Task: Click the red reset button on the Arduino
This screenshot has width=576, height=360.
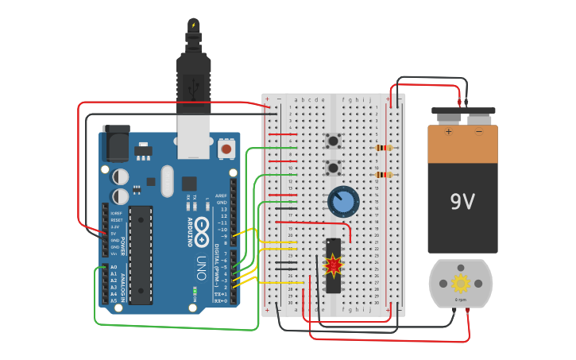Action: (x=226, y=149)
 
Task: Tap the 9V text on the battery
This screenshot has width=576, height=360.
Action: (x=462, y=202)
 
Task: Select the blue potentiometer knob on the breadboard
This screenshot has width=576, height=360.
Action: (x=343, y=201)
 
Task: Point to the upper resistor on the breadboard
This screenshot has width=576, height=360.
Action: (x=384, y=148)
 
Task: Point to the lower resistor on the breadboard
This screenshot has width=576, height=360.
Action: (x=384, y=175)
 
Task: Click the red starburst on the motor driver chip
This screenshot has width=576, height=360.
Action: (x=334, y=265)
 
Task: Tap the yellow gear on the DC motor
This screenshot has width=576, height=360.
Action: (x=461, y=282)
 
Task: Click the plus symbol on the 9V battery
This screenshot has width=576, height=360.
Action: (x=448, y=131)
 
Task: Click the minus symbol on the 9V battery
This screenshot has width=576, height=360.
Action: (x=478, y=131)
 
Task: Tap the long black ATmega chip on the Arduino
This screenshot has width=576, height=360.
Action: (x=141, y=254)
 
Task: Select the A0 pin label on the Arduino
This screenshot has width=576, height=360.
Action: (x=113, y=268)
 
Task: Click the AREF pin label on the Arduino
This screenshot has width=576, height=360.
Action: (x=222, y=195)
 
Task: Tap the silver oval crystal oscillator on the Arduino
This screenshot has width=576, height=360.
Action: (x=166, y=180)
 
